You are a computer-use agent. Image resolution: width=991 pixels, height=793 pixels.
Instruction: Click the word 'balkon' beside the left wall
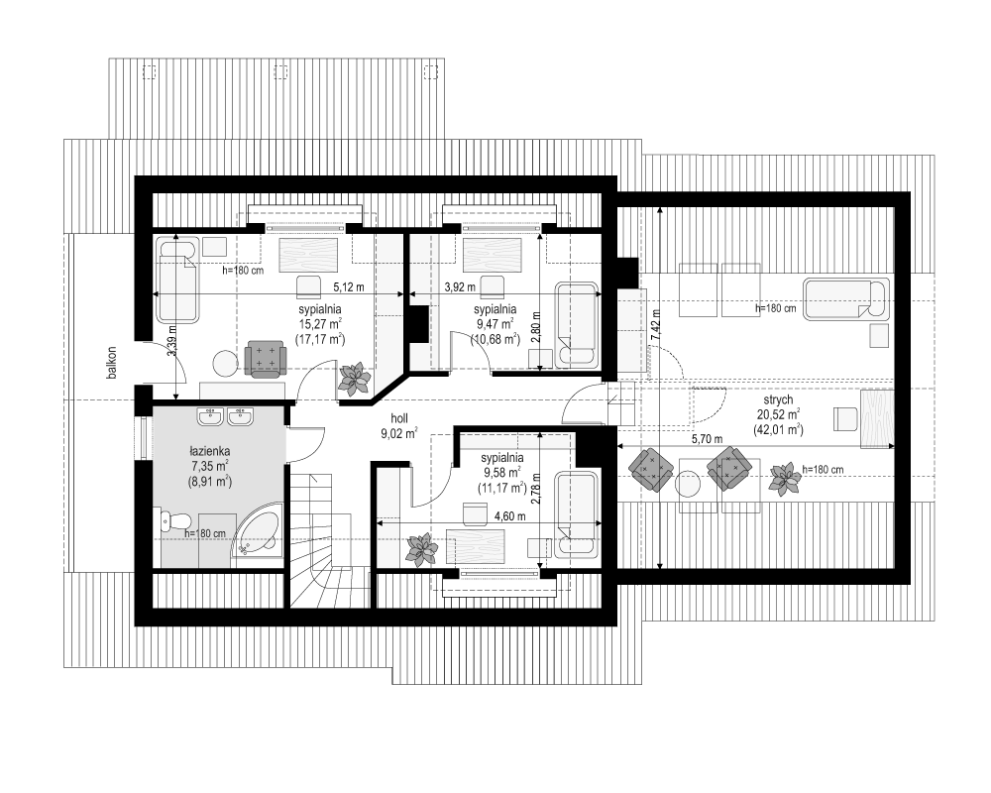[112, 363]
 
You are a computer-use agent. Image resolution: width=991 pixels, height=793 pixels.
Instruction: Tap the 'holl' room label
[399, 418]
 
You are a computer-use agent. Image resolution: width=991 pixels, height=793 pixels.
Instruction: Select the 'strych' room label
[778, 400]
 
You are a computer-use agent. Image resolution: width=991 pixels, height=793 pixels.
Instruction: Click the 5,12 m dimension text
[349, 287]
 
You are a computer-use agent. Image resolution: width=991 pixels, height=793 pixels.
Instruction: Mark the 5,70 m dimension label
[708, 439]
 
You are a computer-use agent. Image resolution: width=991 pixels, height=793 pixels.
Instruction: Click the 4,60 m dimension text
[510, 516]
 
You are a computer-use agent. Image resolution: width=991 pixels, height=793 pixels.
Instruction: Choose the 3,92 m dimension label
[460, 287]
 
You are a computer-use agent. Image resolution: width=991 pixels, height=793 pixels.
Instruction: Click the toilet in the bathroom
[173, 521]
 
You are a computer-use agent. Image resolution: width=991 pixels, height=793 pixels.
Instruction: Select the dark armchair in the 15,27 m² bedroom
[266, 359]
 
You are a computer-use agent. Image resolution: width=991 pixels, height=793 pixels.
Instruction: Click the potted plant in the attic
[784, 478]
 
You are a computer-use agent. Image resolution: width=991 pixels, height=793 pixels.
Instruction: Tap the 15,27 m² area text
[320, 324]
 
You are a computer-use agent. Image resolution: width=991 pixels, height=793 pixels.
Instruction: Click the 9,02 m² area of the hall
[399, 434]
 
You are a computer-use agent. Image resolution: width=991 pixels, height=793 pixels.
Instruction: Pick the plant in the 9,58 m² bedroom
[421, 549]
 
